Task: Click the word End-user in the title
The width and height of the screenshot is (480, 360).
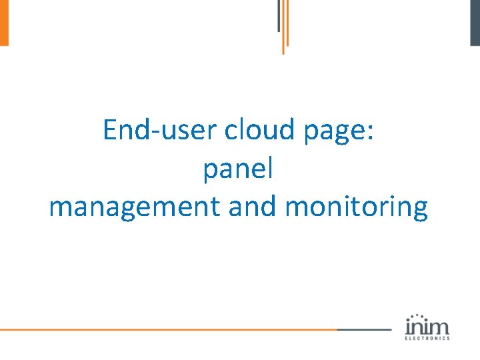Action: point(161,130)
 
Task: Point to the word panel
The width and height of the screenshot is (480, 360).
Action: point(238,170)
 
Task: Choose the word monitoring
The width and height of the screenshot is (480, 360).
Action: point(356,208)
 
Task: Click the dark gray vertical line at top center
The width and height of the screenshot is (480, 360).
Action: point(279,15)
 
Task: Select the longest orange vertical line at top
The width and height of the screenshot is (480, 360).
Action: point(283,27)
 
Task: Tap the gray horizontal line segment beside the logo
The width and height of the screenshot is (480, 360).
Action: point(364,329)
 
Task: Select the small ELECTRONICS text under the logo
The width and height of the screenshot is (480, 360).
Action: point(427,338)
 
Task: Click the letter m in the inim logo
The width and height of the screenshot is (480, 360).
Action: point(440,327)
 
